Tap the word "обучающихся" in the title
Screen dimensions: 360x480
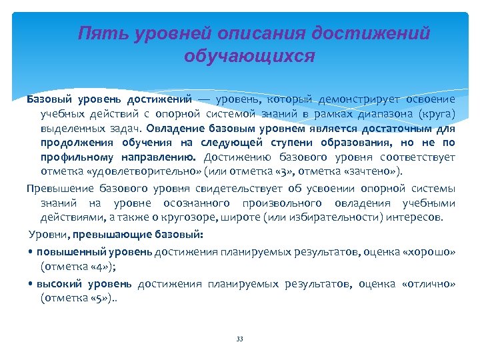(249, 56)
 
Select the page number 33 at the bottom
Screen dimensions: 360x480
(240, 339)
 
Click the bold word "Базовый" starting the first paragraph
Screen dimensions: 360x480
(47, 99)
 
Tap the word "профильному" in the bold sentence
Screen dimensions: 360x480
(75, 157)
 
